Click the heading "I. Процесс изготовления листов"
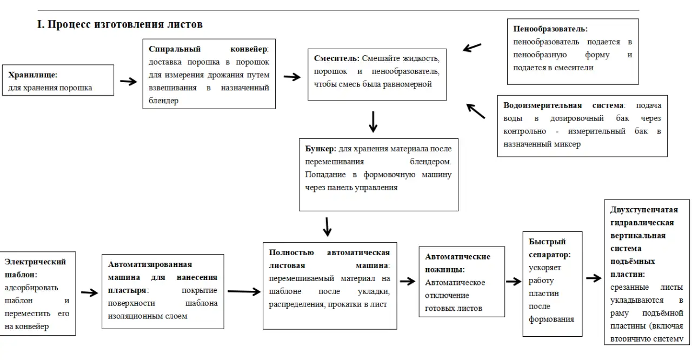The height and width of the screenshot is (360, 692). click(x=119, y=24)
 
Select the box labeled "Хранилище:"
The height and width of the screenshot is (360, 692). click(x=61, y=81)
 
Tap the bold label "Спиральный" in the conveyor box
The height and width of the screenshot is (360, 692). click(x=171, y=49)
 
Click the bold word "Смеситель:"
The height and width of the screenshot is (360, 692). click(x=337, y=58)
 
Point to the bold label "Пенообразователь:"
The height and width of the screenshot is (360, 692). click(x=550, y=29)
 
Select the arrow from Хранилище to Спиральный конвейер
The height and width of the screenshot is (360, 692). click(x=128, y=82)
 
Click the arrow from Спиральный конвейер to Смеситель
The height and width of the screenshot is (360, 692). click(x=292, y=77)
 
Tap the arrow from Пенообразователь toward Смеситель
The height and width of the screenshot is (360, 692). click(x=472, y=48)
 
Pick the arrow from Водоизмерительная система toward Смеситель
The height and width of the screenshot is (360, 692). click(x=476, y=111)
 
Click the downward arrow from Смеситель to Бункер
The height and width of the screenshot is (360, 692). click(x=373, y=122)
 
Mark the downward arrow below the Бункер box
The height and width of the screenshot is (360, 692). click(x=327, y=226)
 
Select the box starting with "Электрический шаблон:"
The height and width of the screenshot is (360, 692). click(x=37, y=294)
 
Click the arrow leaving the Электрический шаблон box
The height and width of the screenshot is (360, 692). click(x=89, y=293)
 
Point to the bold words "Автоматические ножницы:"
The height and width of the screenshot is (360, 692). click(x=457, y=263)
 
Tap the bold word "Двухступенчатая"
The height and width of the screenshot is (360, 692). click(x=644, y=210)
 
